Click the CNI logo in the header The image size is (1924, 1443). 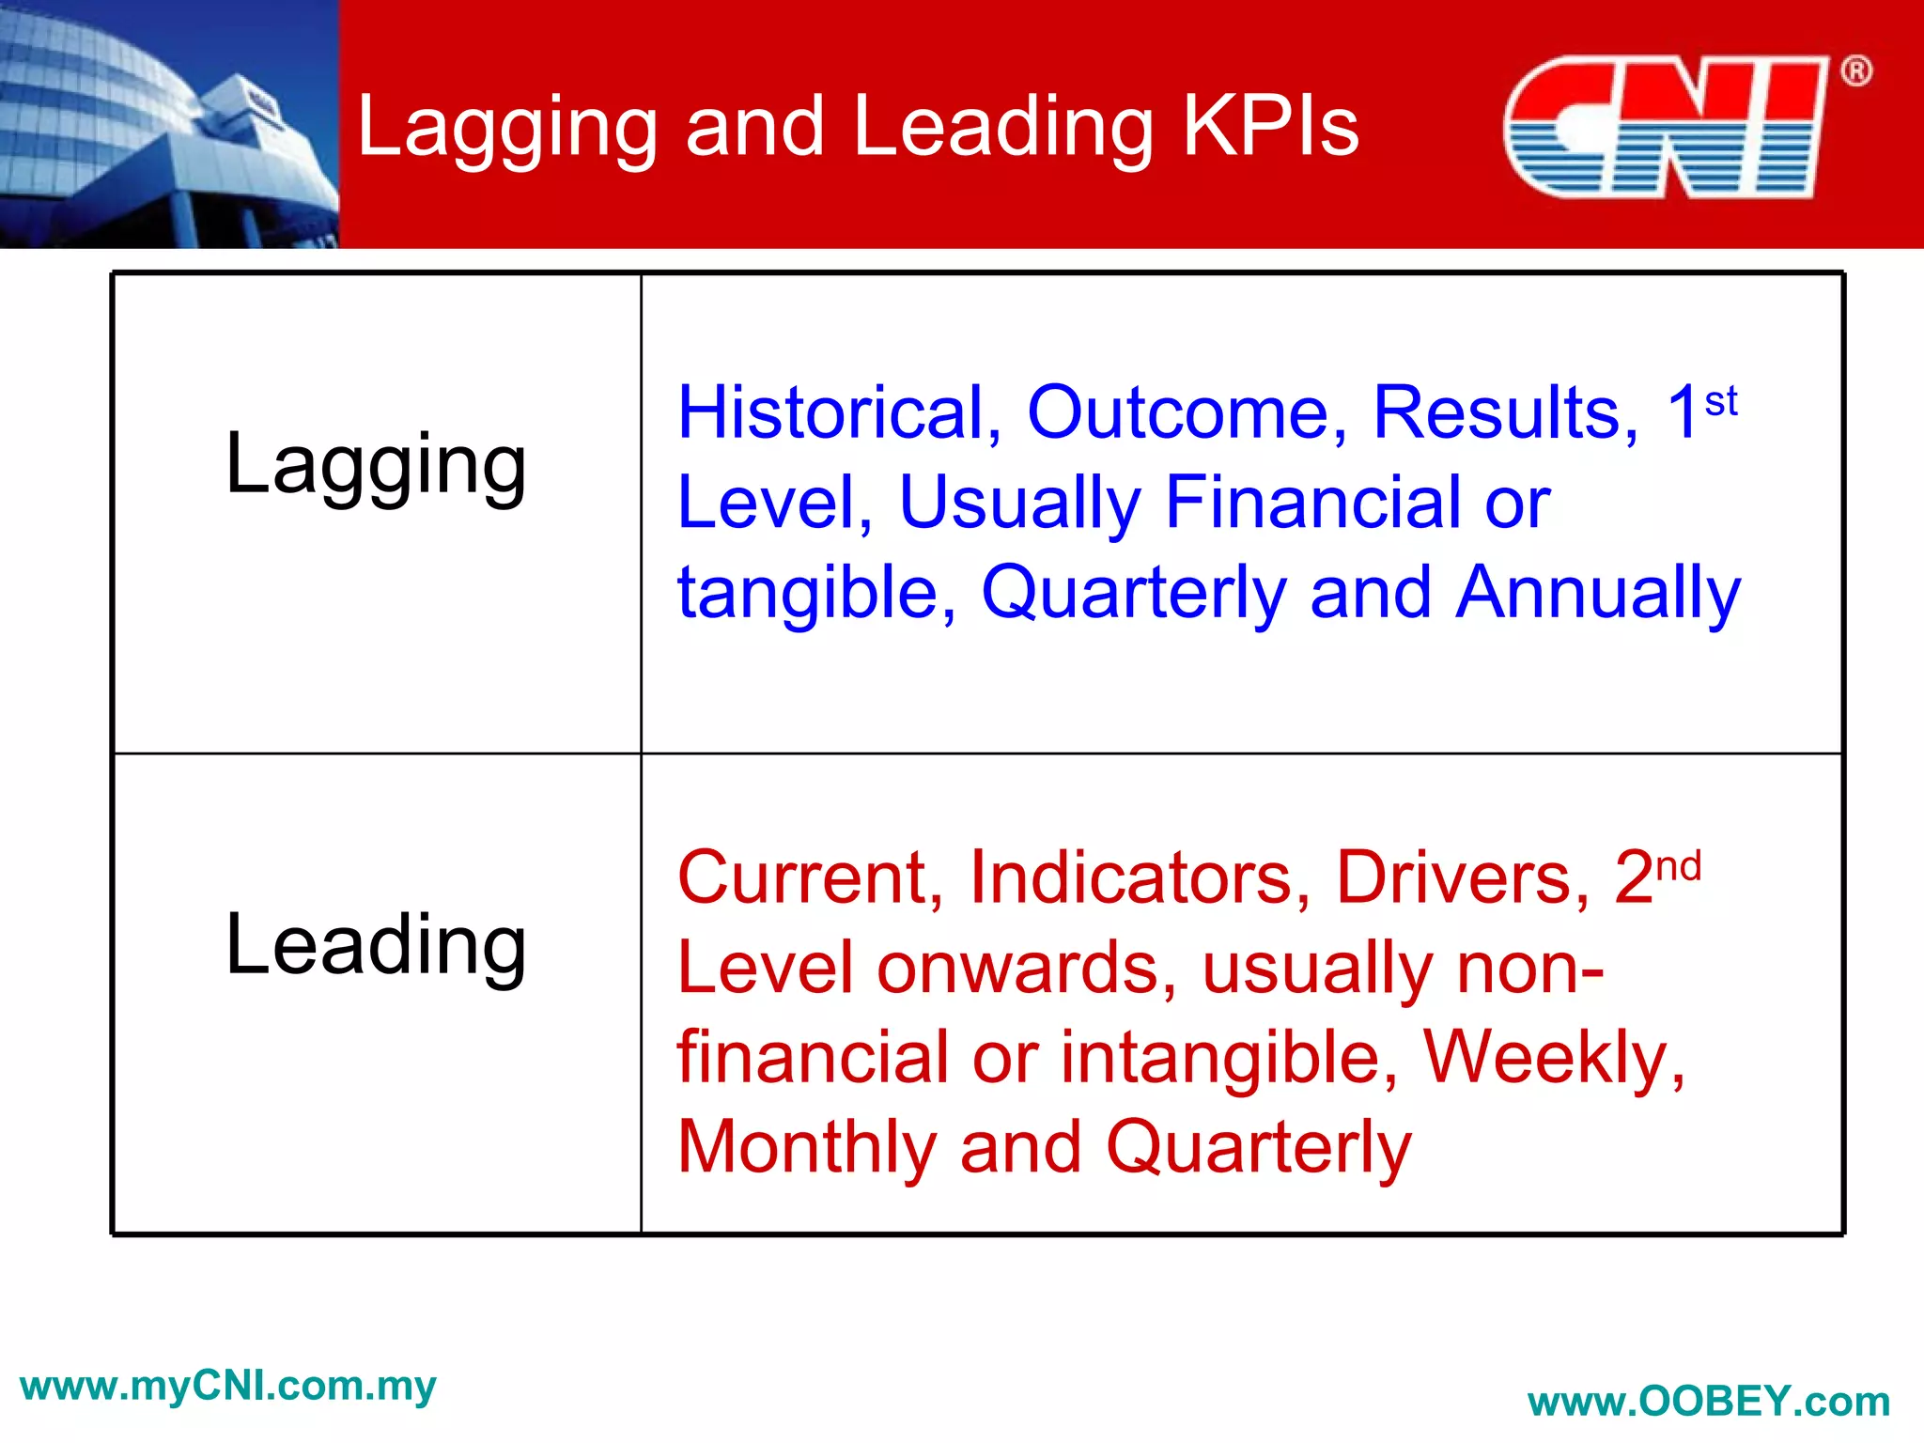[x=1665, y=127]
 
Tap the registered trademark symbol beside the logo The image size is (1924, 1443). [x=1855, y=71]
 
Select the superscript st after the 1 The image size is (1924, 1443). [x=1720, y=401]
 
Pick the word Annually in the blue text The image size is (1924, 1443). [x=1597, y=593]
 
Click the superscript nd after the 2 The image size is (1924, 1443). [x=1678, y=866]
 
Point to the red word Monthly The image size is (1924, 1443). [x=806, y=1148]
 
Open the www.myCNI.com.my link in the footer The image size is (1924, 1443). [x=227, y=1386]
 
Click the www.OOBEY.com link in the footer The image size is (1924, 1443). [x=1708, y=1402]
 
